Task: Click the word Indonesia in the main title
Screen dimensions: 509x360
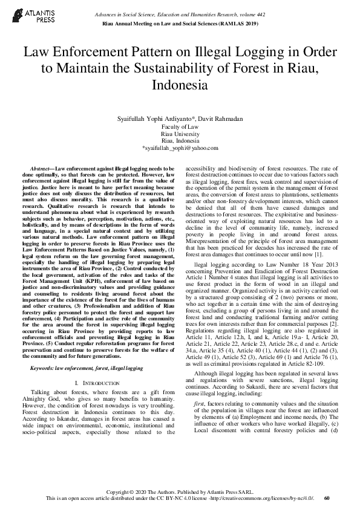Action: click(x=180, y=85)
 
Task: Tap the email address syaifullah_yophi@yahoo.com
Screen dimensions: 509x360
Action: click(x=180, y=147)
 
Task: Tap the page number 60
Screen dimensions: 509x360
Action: click(x=327, y=498)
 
